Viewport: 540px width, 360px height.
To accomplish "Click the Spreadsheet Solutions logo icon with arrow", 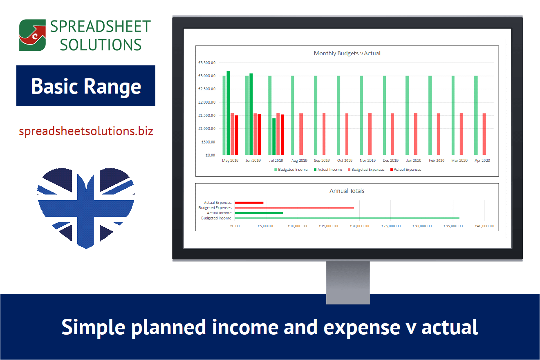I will tap(32, 35).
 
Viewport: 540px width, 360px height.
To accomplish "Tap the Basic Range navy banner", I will tap(86, 86).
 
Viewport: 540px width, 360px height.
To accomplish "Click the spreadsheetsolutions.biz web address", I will tap(86, 132).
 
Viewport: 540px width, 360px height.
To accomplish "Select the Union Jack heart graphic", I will tap(86, 206).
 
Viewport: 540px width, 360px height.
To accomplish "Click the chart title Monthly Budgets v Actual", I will tap(347, 53).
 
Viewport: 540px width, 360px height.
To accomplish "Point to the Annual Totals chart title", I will tap(347, 191).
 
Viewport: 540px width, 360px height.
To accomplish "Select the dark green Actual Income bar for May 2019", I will tap(228, 113).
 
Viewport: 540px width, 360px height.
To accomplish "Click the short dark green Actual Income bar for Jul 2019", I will tap(274, 136).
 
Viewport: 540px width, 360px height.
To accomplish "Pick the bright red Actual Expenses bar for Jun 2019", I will tap(259, 134).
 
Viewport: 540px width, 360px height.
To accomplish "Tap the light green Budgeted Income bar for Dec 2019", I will tap(384, 115).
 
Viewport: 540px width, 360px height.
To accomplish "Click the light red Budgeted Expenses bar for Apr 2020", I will tap(484, 134).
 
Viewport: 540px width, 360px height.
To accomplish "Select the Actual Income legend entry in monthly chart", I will tap(329, 169).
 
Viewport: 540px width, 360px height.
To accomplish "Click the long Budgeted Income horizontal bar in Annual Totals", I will tap(347, 218).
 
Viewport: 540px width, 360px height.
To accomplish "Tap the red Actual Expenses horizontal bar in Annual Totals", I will tap(249, 202).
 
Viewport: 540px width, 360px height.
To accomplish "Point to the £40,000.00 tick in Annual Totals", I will tap(484, 226).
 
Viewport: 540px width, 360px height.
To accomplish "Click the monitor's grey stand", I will tap(347, 282).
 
